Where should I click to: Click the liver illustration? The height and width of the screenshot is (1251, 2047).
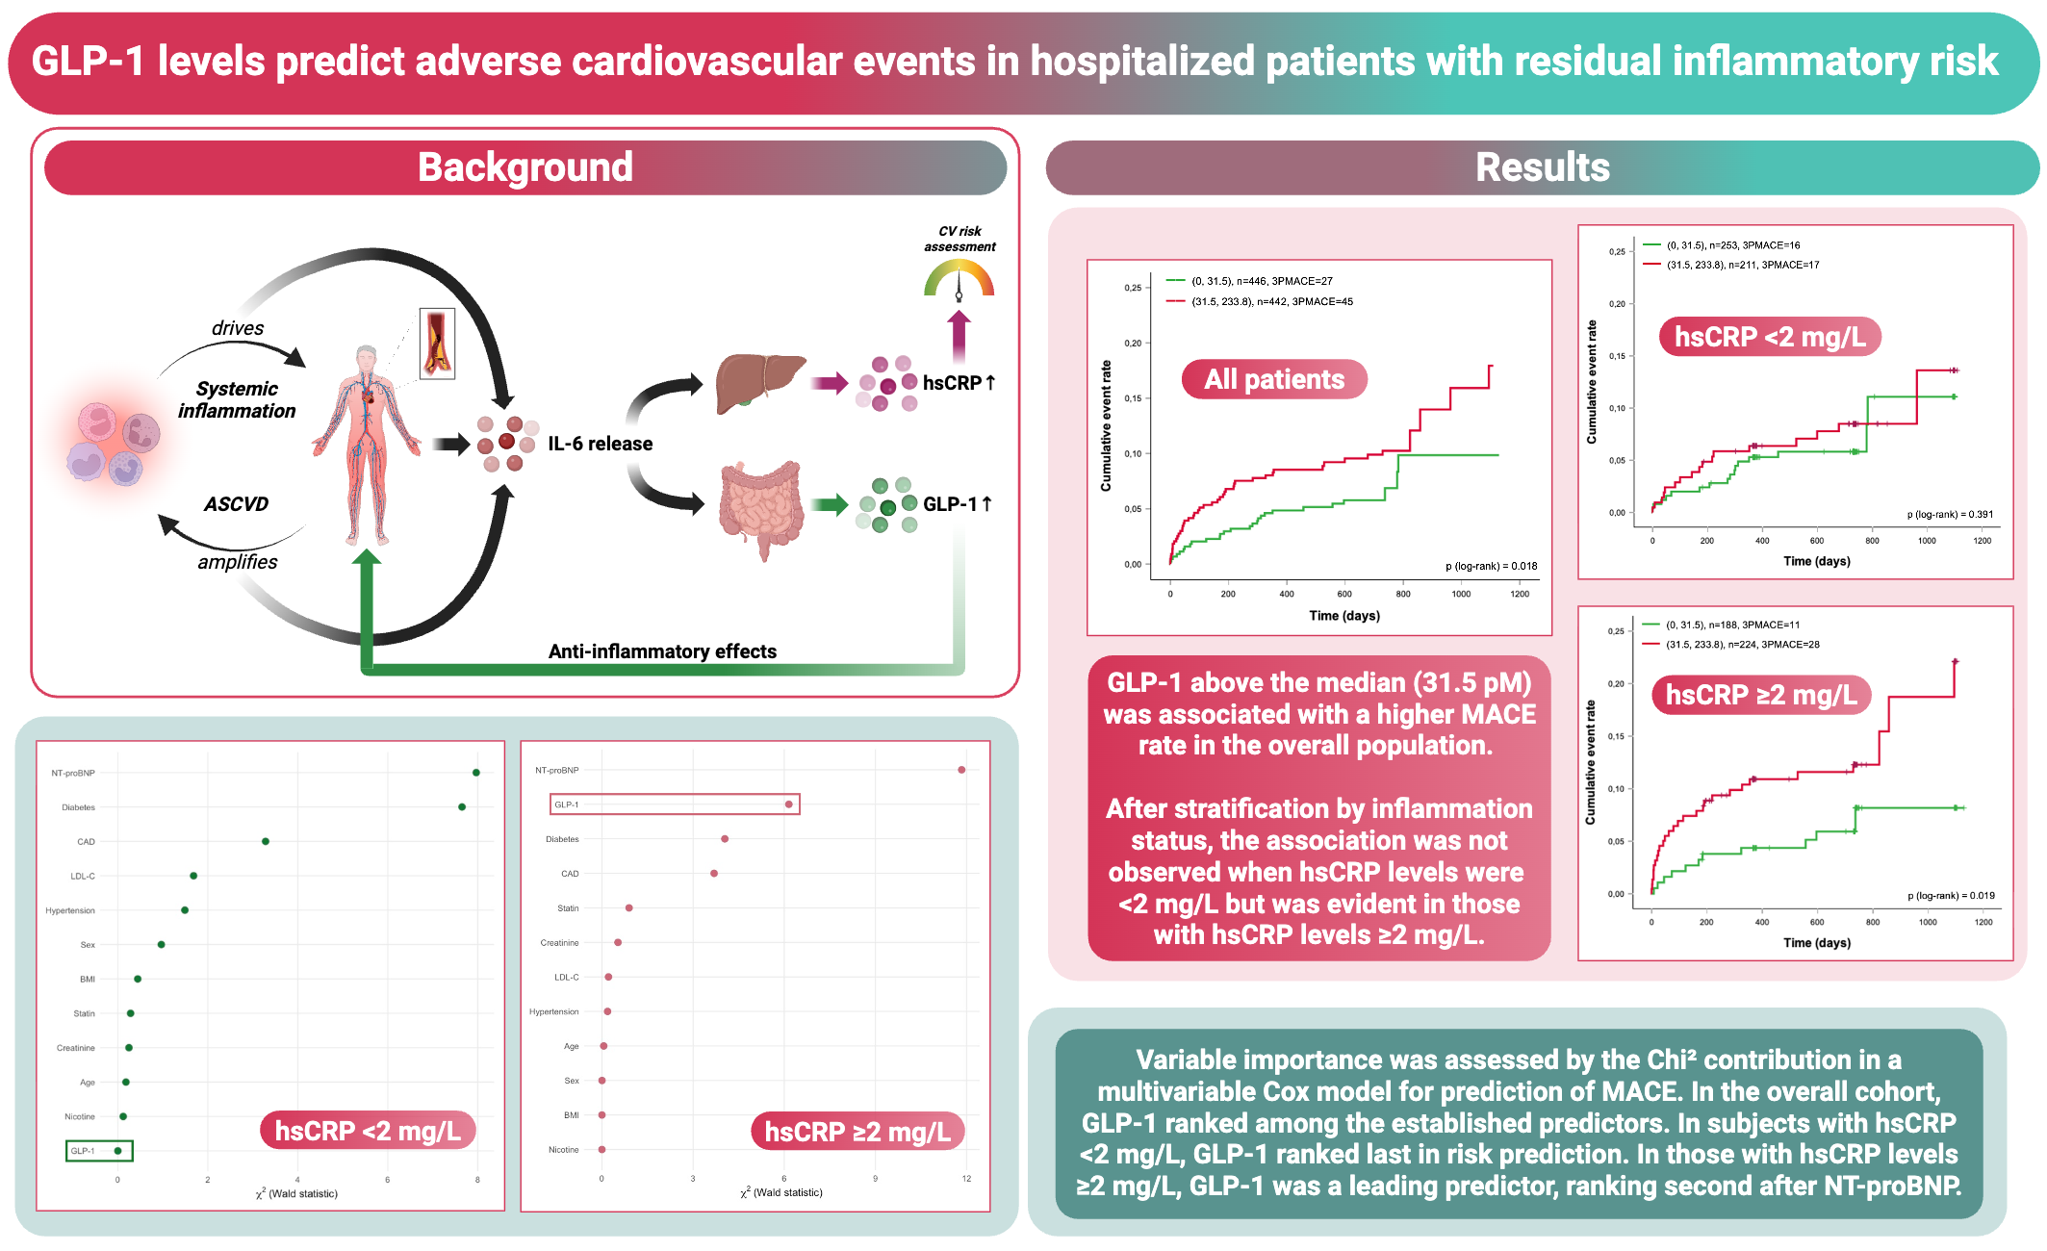(x=759, y=383)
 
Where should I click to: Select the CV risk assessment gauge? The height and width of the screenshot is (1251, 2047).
(x=959, y=281)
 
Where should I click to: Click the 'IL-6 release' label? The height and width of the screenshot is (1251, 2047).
(x=600, y=444)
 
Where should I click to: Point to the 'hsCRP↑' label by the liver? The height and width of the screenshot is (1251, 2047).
(x=958, y=383)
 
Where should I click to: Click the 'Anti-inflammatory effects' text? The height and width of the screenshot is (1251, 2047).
(x=662, y=651)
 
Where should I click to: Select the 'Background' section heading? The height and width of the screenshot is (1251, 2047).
(x=525, y=167)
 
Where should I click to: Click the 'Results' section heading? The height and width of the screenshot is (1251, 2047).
(x=1542, y=167)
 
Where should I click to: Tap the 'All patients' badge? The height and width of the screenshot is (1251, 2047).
(x=1273, y=379)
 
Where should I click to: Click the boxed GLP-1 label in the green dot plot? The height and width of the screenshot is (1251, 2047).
(x=84, y=1151)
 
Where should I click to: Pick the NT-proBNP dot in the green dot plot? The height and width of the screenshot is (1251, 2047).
(x=476, y=773)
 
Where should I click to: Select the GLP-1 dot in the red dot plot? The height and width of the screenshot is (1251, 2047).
(x=789, y=804)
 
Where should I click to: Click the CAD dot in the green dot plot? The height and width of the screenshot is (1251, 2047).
(x=266, y=842)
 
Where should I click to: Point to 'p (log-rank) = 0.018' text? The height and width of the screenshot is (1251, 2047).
(x=1491, y=566)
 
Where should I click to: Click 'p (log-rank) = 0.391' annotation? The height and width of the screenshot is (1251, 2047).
(x=1950, y=514)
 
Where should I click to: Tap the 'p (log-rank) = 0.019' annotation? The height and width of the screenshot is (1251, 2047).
(x=1951, y=896)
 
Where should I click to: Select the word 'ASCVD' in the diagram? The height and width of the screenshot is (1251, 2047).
(x=236, y=504)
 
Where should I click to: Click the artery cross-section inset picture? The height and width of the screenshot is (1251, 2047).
(x=438, y=344)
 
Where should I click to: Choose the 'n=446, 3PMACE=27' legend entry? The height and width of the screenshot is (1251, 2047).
(x=1262, y=281)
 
